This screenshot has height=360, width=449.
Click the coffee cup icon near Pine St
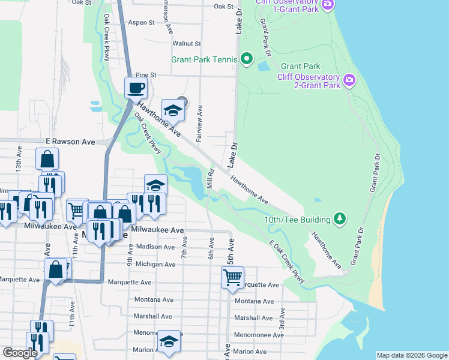(136, 88)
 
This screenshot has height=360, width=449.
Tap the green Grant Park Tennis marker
(246, 59)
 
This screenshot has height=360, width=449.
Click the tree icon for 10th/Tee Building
(340, 218)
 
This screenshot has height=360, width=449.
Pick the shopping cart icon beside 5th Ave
(232, 277)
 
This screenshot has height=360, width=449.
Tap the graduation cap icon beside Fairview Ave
(172, 109)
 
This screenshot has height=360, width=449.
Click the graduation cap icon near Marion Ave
(169, 341)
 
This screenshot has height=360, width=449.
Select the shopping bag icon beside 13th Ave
(47, 160)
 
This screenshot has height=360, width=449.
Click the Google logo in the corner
(20, 353)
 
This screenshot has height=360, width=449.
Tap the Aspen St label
(142, 22)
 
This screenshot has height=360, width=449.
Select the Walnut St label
(187, 44)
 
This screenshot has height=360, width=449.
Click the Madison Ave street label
(155, 247)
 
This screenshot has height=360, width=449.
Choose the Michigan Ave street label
(155, 264)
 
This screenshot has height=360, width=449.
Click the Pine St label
(145, 75)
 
